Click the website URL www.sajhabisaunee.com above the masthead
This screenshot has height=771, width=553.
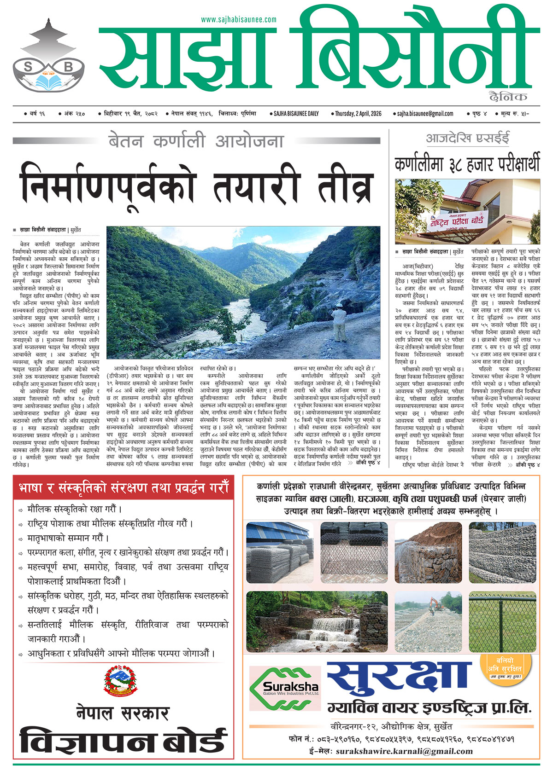(239, 20)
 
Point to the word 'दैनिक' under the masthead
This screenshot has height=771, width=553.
(508, 97)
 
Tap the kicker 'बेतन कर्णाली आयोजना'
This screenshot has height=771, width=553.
(196, 141)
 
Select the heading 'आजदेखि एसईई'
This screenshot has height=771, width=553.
(467, 138)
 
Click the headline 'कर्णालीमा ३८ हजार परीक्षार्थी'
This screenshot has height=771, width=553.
(467, 164)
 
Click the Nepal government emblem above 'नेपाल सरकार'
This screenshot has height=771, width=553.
(120, 683)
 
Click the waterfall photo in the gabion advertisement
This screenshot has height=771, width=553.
(317, 622)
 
